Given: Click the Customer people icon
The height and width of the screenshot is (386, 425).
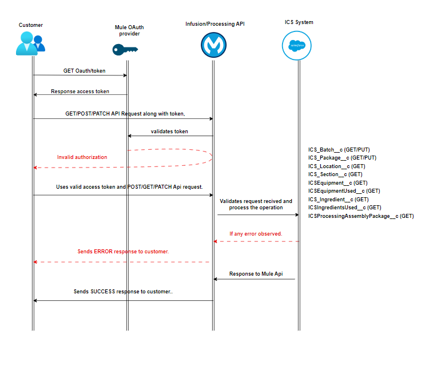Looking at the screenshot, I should (30, 43).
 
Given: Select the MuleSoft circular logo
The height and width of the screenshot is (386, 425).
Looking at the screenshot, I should (213, 45).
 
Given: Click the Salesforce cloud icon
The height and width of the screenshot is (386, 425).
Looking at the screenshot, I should (297, 45).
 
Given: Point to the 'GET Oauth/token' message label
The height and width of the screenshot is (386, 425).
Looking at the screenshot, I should (80, 71).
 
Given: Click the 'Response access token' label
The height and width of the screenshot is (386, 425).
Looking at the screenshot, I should (80, 91).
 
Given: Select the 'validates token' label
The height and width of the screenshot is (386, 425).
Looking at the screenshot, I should (169, 132).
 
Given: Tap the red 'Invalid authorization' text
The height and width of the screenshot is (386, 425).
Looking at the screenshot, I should (82, 157).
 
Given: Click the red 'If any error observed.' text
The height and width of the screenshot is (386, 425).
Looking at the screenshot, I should (256, 233).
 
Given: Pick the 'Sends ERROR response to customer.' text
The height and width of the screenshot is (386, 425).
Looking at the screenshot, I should (123, 252).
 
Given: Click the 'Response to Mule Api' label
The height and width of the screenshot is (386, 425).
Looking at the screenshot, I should (256, 274).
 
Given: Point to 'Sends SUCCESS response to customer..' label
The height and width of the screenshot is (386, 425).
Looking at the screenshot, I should (123, 291).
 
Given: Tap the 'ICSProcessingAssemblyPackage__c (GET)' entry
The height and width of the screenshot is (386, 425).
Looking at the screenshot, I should (360, 216).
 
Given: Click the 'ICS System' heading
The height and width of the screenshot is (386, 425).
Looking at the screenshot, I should (299, 22).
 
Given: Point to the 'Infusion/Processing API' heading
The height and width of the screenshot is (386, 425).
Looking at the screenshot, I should (215, 23).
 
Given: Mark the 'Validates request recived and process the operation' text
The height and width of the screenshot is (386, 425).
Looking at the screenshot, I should (256, 204).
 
